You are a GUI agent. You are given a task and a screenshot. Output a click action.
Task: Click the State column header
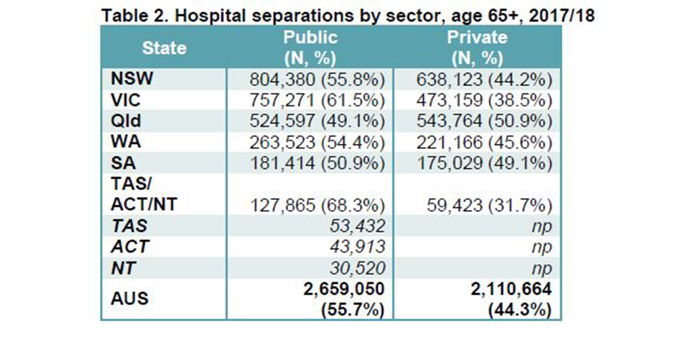click(164, 47)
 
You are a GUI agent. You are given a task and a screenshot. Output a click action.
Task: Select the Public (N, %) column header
click(310, 47)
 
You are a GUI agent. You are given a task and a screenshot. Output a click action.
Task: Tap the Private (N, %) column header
click(477, 47)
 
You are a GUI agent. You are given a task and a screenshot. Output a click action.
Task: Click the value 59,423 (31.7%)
click(489, 205)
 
